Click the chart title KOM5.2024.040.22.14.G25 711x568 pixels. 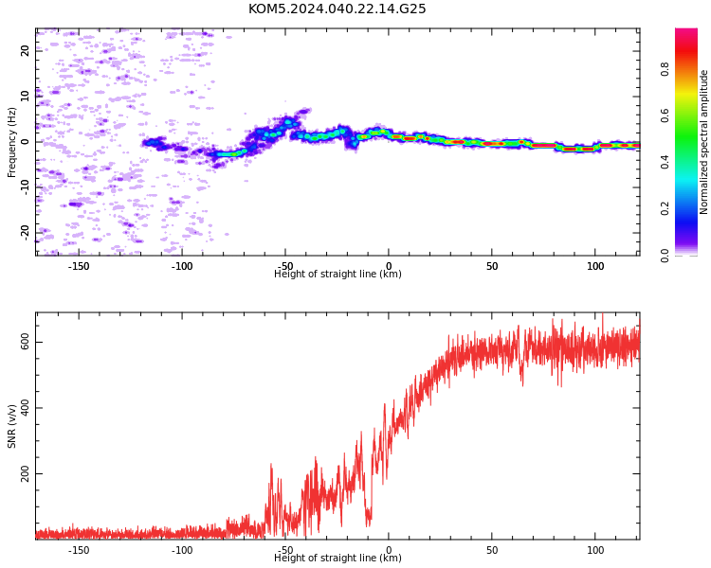(x=337, y=9)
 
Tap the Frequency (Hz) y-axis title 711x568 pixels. (x=11, y=142)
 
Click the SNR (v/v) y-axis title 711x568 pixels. (x=11, y=426)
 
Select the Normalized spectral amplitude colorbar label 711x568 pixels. (x=703, y=142)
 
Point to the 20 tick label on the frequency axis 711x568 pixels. (x=25, y=50)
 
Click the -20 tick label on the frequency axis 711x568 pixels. (x=25, y=233)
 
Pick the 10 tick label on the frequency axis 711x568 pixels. (x=25, y=96)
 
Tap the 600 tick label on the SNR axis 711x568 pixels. (x=25, y=342)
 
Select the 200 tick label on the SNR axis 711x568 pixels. (x=25, y=473)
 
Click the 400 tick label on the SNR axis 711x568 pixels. (x=25, y=408)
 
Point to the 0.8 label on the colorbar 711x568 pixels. (x=665, y=69)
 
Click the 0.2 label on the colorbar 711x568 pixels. (x=665, y=208)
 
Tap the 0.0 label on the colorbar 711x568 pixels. (x=665, y=255)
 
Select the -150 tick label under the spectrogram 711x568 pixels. (x=79, y=266)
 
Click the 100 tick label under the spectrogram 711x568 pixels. (x=595, y=266)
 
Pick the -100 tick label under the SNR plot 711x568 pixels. (x=182, y=550)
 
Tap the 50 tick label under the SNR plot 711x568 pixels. (x=492, y=550)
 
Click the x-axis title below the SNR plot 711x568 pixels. (x=337, y=558)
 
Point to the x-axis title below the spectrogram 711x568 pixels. (x=337, y=274)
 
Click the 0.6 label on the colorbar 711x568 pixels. (x=665, y=115)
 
